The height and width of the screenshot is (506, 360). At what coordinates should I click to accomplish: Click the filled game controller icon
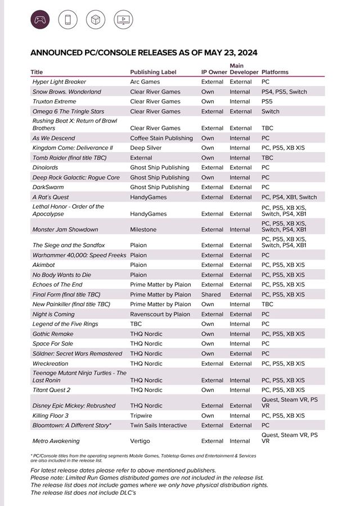pos(40,20)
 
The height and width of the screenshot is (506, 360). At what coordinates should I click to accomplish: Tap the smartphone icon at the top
pos(68,20)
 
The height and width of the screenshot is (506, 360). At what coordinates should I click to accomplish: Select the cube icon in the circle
pos(96,20)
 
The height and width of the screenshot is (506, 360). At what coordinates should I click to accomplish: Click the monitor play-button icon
pos(123,20)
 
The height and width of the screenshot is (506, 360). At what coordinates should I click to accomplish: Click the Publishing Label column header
pos(153,72)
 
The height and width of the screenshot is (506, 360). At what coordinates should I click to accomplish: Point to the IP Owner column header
pos(214,72)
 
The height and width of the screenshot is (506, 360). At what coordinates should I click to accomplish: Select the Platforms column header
pos(275,72)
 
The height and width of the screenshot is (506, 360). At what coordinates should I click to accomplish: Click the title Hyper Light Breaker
pos(59,82)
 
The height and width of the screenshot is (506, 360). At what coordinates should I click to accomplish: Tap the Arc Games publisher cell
pos(145,82)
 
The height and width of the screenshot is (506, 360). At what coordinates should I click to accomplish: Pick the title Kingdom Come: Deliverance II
pos(73,147)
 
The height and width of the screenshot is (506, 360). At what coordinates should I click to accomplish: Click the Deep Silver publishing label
pos(146,147)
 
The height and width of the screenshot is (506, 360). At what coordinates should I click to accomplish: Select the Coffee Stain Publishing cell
pos(161,138)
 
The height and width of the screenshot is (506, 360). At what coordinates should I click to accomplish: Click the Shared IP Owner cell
pos(211,294)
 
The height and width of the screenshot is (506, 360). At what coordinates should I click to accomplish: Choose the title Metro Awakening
pos(56,441)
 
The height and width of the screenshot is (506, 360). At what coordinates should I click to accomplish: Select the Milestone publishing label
pos(143,230)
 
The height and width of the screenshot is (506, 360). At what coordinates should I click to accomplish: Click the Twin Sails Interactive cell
pos(160,426)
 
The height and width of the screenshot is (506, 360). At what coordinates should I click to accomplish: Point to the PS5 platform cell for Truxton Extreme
pos(267,101)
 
